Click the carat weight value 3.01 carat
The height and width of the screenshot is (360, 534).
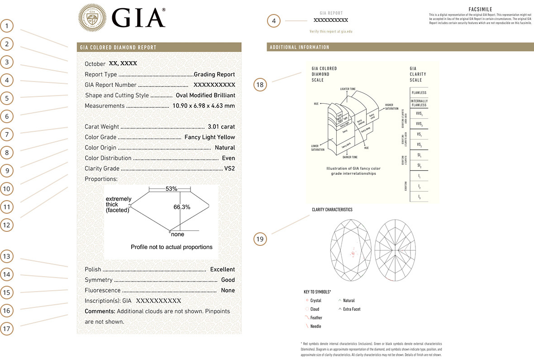[221, 127]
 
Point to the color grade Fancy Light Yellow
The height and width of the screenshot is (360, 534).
[210, 137]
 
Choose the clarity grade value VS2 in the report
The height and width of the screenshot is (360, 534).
[229, 169]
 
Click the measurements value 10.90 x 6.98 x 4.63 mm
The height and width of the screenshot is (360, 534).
[204, 106]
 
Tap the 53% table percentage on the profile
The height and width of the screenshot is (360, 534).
[171, 188]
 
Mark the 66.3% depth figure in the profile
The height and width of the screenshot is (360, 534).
[182, 207]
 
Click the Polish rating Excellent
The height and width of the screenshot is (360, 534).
[223, 269]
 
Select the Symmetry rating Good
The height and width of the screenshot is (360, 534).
[228, 280]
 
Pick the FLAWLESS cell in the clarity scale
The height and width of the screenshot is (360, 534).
[419, 93]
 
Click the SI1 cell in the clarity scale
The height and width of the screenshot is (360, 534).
[419, 155]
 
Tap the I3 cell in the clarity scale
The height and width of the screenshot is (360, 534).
[419, 197]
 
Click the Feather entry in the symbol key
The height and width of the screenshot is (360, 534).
[316, 318]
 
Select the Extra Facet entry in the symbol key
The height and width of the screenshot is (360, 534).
[352, 309]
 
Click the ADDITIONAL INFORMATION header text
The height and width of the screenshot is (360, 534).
[300, 48]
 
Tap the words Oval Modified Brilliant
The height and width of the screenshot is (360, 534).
[205, 96]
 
